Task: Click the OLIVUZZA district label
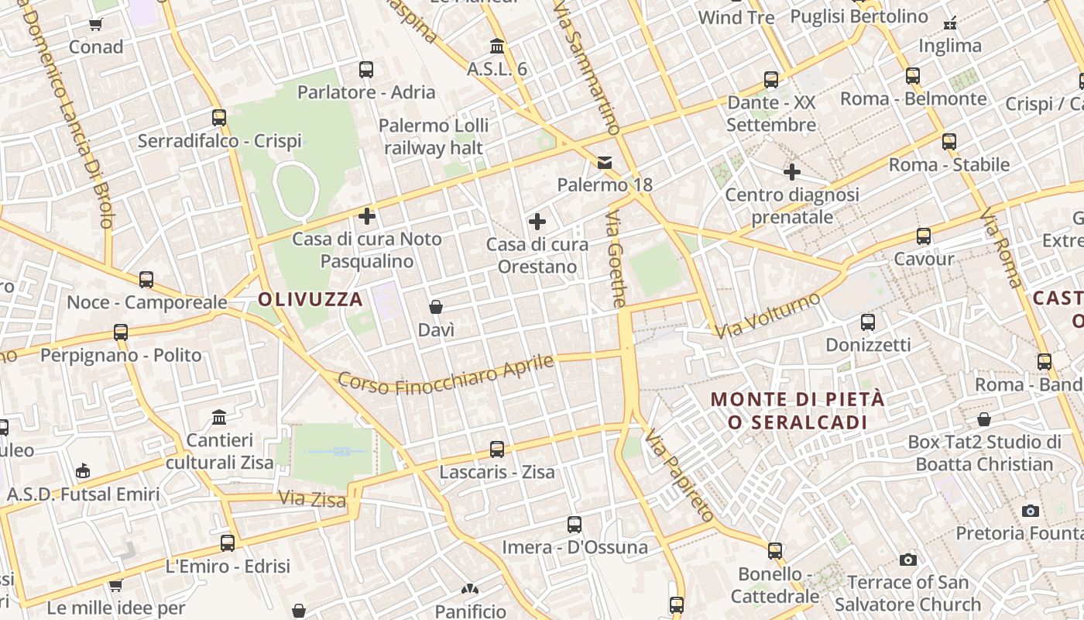[310, 299]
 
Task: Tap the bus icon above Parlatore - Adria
[366, 70]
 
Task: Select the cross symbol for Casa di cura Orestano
[537, 222]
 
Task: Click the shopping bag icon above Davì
[436, 307]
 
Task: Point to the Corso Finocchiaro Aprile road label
[447, 376]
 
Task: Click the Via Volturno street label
[767, 316]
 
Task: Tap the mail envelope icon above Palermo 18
[605, 163]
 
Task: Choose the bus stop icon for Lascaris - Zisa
[497, 449]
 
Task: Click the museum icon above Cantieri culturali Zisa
[219, 418]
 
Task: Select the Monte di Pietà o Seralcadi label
[798, 411]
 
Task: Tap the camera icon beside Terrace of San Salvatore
[908, 560]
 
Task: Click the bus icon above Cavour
[924, 236]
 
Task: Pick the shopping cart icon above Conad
[96, 25]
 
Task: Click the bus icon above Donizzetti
[868, 322]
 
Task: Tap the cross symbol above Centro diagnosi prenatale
[792, 172]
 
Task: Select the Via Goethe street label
[616, 258]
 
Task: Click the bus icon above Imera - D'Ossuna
[575, 525]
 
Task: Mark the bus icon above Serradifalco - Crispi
[219, 118]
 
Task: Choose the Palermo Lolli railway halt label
[434, 136]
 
